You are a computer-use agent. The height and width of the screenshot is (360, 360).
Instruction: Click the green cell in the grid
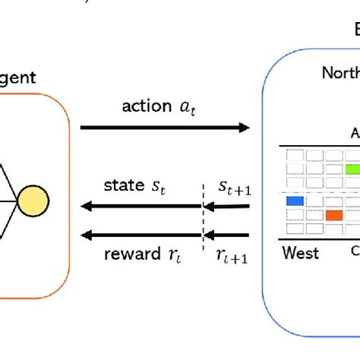[x=354, y=169]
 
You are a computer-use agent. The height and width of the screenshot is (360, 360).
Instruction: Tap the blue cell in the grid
[x=295, y=201]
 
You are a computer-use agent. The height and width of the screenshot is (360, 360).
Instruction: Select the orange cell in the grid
[x=334, y=215]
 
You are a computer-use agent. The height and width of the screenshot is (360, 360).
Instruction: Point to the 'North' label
[x=339, y=73]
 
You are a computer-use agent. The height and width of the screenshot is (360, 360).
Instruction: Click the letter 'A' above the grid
[x=355, y=133]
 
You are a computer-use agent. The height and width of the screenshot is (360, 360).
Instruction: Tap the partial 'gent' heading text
[x=17, y=77]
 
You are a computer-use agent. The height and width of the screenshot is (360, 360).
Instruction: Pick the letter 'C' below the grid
[x=355, y=251]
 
